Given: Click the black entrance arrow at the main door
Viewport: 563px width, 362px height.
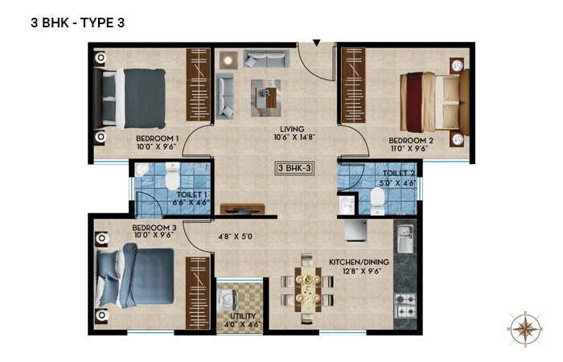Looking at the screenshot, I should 317,42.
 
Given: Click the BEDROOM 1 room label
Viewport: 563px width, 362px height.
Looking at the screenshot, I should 156,142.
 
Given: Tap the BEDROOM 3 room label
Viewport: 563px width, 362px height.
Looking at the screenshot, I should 154,232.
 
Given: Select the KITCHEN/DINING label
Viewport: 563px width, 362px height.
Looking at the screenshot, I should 359,267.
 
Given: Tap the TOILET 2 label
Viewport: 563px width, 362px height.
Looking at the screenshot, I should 399,178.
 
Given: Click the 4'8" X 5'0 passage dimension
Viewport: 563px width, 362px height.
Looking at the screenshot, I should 236,237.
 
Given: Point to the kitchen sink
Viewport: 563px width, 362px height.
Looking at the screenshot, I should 404,240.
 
